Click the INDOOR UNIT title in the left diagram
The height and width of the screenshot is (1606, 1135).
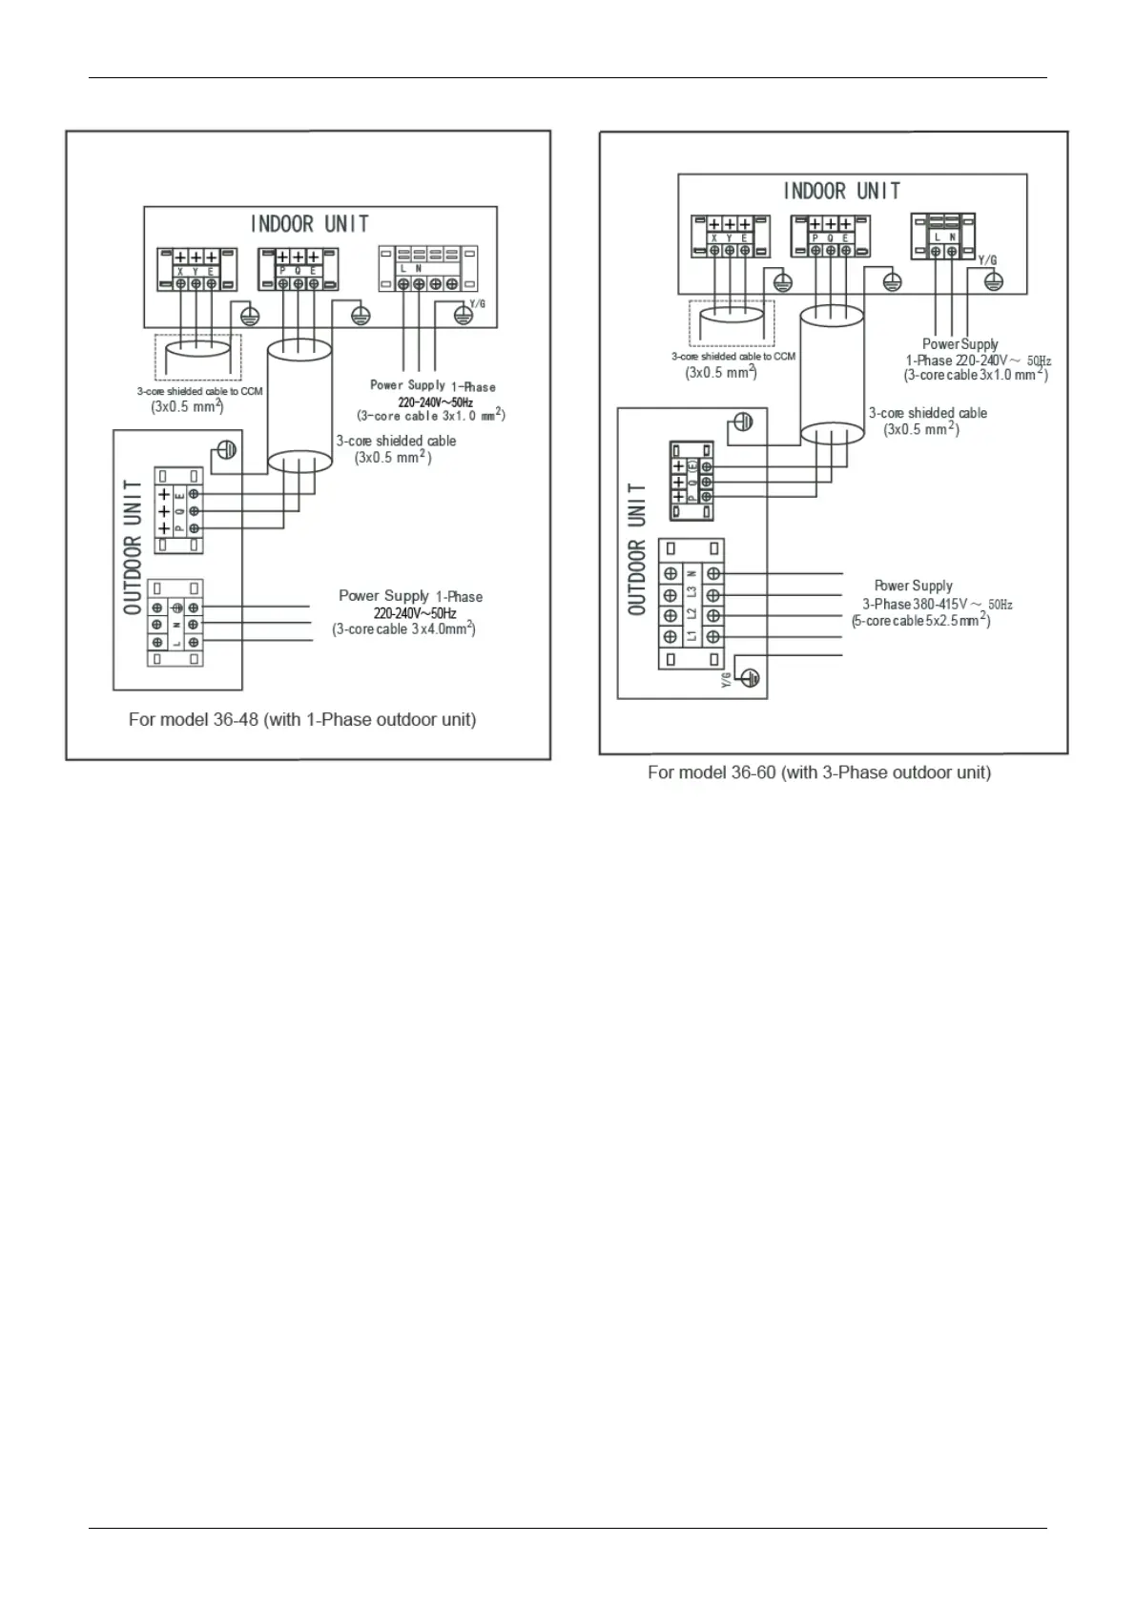[309, 224]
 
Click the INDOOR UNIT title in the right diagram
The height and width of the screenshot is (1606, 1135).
[841, 191]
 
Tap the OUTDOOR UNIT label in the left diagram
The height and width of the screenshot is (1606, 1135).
[134, 546]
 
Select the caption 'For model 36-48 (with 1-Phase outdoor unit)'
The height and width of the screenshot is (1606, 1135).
[302, 720]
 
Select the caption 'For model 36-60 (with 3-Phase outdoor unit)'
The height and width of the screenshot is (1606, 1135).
[818, 772]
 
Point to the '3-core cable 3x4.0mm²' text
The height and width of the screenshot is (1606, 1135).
[403, 629]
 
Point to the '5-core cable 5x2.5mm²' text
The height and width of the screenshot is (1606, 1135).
[920, 620]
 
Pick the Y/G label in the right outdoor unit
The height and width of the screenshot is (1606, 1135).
[726, 678]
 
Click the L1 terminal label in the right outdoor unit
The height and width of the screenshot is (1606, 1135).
[692, 636]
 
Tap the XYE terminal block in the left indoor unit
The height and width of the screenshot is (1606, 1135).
[196, 270]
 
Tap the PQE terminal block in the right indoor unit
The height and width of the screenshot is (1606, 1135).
[831, 237]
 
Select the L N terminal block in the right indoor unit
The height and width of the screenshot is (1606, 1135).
[944, 237]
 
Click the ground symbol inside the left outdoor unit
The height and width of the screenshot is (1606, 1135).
[226, 449]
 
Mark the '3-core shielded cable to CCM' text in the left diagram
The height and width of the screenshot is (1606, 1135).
[199, 391]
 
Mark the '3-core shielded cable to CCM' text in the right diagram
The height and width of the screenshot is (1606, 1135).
[733, 357]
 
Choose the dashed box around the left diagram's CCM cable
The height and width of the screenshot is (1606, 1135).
[197, 357]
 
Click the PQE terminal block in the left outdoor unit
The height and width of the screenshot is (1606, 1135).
[178, 510]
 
